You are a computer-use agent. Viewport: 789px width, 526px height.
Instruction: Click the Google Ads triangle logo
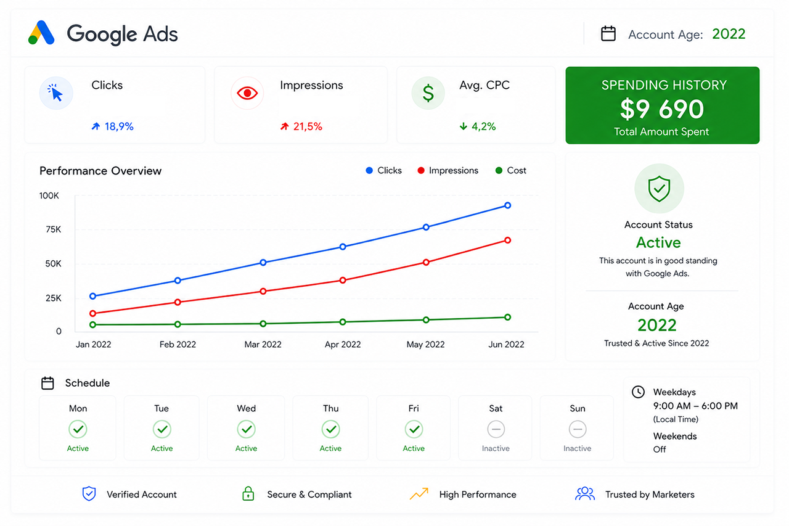pyautogui.click(x=41, y=33)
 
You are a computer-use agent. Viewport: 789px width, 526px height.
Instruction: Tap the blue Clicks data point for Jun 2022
pyautogui.click(x=507, y=205)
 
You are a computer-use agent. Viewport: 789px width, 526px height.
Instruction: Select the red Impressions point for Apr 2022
pyautogui.click(x=343, y=281)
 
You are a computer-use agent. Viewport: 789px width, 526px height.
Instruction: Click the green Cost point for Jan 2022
pyautogui.click(x=93, y=325)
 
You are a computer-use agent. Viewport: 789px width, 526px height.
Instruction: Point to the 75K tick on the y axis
pyautogui.click(x=53, y=230)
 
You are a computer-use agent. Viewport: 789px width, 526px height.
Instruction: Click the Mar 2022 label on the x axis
pyautogui.click(x=263, y=344)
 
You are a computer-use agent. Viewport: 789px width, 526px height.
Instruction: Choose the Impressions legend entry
pyautogui.click(x=448, y=171)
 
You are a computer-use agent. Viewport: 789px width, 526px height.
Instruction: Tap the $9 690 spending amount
pyautogui.click(x=662, y=109)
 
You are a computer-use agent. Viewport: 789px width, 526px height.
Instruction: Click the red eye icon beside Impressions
pyautogui.click(x=247, y=93)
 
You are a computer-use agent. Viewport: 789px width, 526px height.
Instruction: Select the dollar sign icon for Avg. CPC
pyautogui.click(x=428, y=93)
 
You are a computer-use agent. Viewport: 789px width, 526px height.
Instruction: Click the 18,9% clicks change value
pyautogui.click(x=119, y=126)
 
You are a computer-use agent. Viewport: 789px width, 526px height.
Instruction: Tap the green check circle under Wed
pyautogui.click(x=246, y=429)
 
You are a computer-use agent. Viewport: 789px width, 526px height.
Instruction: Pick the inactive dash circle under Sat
pyautogui.click(x=496, y=429)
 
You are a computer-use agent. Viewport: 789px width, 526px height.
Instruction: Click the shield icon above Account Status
pyautogui.click(x=659, y=189)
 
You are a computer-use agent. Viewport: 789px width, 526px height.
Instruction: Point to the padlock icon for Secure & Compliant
pyautogui.click(x=248, y=493)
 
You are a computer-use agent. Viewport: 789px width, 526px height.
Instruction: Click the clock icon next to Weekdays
pyautogui.click(x=638, y=392)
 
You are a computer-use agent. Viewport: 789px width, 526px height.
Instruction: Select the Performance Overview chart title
pyautogui.click(x=100, y=171)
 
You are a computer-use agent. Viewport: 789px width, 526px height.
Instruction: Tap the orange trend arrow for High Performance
pyautogui.click(x=419, y=493)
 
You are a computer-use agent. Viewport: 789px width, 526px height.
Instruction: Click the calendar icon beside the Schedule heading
pyautogui.click(x=47, y=383)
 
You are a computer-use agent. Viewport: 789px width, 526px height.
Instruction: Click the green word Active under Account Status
pyautogui.click(x=658, y=242)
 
